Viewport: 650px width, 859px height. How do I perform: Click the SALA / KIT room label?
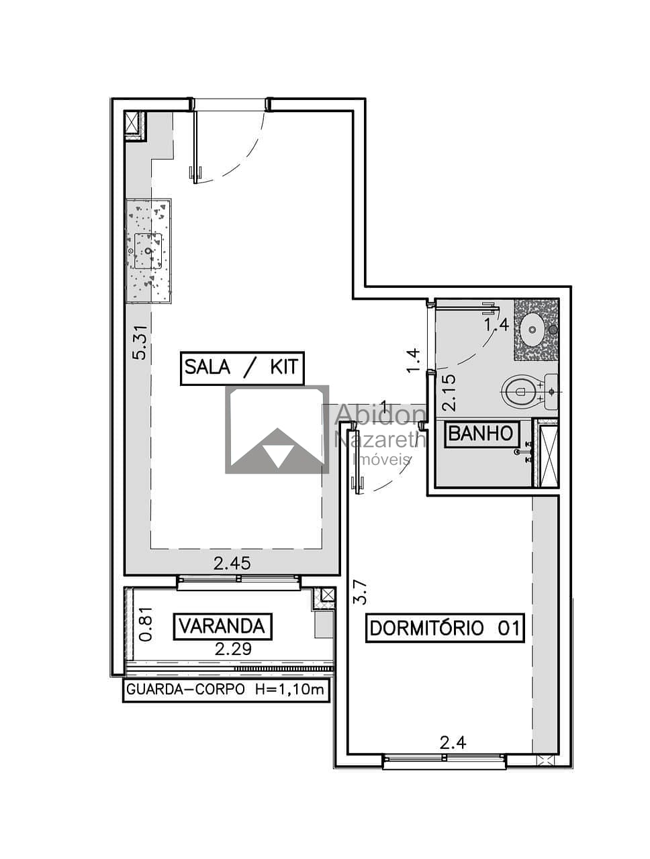coord(242,368)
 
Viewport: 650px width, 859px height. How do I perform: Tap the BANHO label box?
coord(481,434)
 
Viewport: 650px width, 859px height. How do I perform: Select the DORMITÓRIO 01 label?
coord(445,628)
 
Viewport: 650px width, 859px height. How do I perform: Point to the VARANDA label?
coord(222,626)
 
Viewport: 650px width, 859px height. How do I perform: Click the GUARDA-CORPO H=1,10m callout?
coord(226,689)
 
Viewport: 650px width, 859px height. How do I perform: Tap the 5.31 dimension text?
coord(140,342)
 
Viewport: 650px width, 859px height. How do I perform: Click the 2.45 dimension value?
coord(232,564)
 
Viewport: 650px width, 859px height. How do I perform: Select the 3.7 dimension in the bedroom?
coord(360,592)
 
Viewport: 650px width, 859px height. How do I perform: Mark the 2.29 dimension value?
coord(233,649)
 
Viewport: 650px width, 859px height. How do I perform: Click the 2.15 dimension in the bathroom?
coord(449,393)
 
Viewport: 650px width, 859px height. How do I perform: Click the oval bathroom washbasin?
coord(533,330)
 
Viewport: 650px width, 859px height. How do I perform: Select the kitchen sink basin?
coord(148,251)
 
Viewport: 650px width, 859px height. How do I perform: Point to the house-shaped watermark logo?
coord(277,429)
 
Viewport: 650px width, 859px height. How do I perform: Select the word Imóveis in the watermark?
coord(382,459)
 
